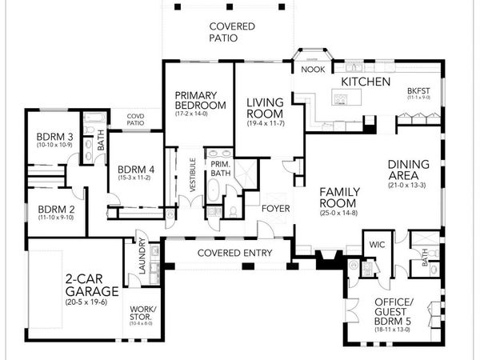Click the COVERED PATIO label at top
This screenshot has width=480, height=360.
[x=232, y=32]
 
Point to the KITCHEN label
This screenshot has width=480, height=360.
[x=366, y=82]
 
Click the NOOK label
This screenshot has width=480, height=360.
[x=311, y=70]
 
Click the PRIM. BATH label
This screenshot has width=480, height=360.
[x=220, y=168]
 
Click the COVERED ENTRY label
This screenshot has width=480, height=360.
[x=228, y=254]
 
